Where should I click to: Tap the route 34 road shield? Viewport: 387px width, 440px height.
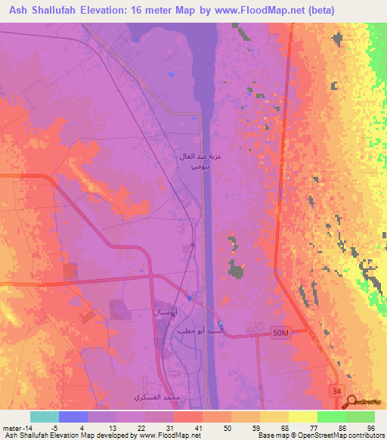tap(335, 389)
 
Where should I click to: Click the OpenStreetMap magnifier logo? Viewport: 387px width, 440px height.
tap(352, 401)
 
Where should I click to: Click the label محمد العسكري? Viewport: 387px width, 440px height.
tap(156, 397)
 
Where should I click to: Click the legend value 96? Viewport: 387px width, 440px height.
tap(370, 428)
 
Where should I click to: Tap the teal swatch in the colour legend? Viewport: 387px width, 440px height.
tap(45, 417)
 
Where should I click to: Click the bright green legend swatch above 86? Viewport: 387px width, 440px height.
tap(332, 417)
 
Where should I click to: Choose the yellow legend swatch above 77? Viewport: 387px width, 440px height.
tap(303, 417)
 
